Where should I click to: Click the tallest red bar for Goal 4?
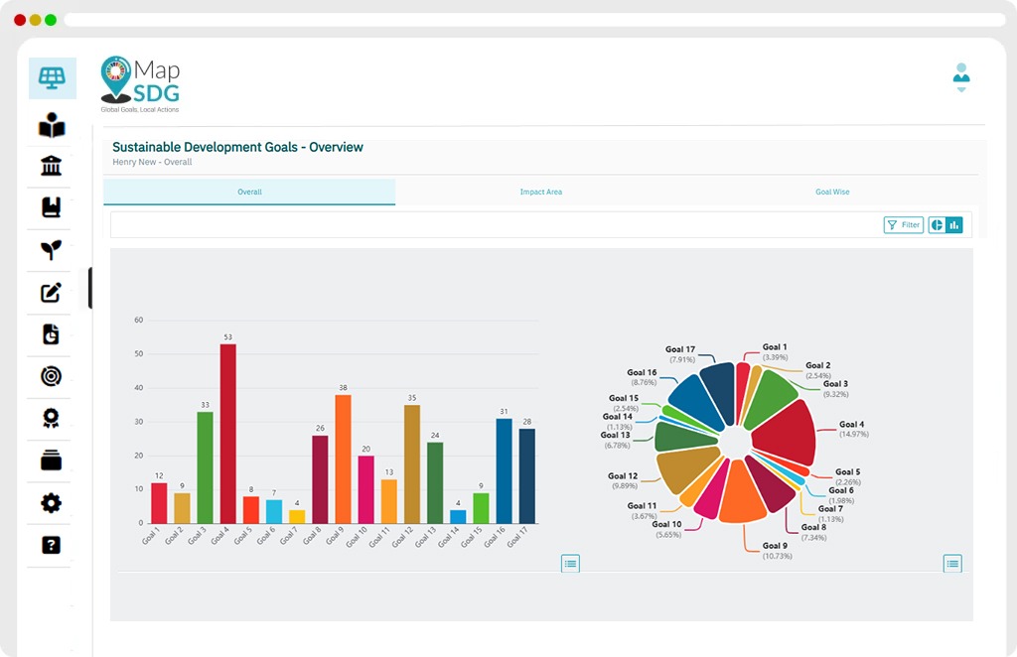(227, 434)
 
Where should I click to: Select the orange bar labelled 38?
(343, 460)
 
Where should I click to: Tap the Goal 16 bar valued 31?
(504, 471)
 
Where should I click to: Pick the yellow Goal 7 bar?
(297, 517)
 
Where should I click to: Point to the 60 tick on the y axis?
(139, 321)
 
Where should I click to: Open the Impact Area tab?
(541, 192)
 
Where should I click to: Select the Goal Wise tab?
(832, 192)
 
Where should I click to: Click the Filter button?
(904, 225)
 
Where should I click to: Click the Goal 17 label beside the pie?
(680, 349)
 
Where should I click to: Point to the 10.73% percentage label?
(777, 556)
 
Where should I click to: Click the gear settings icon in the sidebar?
(52, 503)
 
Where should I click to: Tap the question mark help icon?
(52, 545)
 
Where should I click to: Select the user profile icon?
(961, 77)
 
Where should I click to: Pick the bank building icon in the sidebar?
(52, 166)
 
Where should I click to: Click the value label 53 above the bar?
(228, 336)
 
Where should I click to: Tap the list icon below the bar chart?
(570, 564)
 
